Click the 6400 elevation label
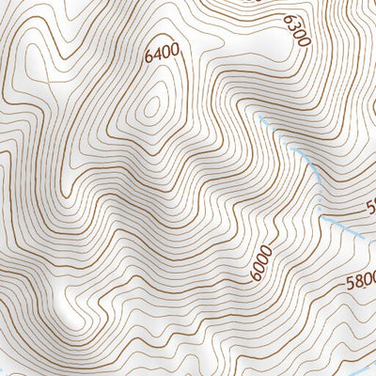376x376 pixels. [x=162, y=55]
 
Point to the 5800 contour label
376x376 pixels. [x=361, y=279]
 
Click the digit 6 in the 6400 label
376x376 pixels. [x=149, y=60]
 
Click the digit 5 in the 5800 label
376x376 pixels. [x=349, y=281]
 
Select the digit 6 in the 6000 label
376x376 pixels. [x=256, y=275]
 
